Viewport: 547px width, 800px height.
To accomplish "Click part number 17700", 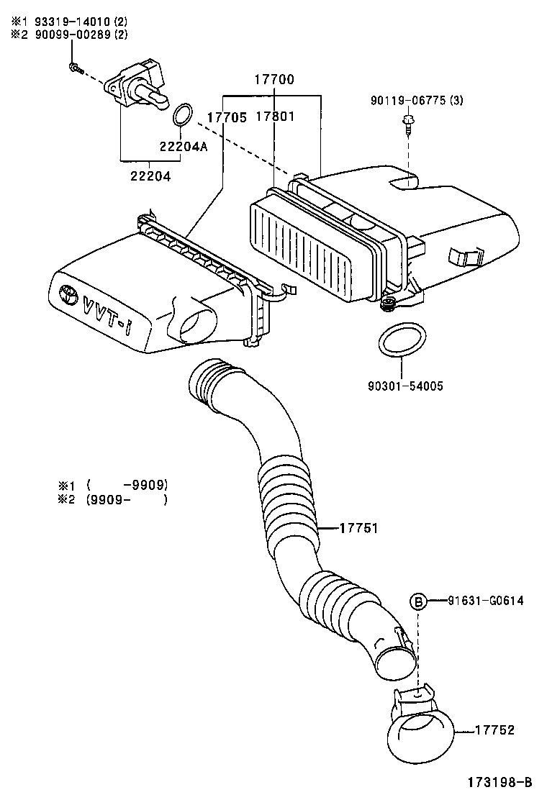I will [x=273, y=81].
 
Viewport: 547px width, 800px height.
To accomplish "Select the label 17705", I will [x=227, y=117].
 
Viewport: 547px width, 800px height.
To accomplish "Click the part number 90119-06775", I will [x=407, y=101].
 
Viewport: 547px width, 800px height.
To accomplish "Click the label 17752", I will [x=494, y=729].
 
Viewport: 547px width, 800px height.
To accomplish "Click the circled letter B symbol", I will [x=418, y=601].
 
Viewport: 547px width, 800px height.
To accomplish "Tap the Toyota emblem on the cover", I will [x=69, y=294].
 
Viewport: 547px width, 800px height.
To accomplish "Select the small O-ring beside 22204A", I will [x=183, y=114].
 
